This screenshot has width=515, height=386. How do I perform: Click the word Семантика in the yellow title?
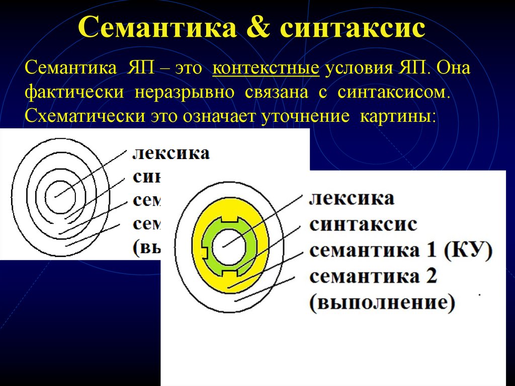click(157, 29)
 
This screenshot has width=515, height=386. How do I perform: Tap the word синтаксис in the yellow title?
click(352, 29)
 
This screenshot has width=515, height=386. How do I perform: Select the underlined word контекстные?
click(266, 67)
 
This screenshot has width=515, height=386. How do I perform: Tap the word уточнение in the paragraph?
click(304, 116)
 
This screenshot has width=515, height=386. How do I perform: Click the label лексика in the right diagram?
click(352, 198)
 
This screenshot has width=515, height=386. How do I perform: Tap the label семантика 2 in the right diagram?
click(373, 276)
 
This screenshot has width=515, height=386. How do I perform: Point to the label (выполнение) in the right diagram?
click(382, 302)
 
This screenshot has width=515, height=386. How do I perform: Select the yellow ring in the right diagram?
click(254, 272)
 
